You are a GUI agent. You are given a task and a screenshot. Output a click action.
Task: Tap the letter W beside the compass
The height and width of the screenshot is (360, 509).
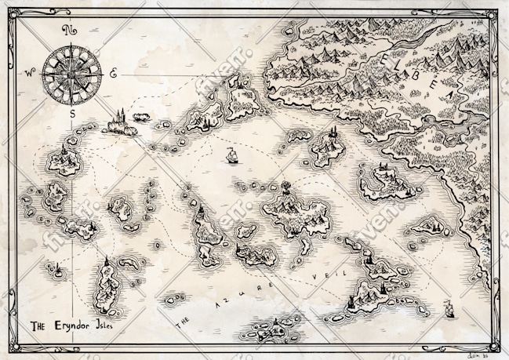pos(30,74)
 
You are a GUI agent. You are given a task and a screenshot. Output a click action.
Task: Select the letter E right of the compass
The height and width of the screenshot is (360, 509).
pos(113,74)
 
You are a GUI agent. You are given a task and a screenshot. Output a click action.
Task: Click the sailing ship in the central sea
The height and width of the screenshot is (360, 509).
pos(231,155)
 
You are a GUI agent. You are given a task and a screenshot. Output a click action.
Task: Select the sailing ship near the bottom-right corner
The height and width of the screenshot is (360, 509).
pos(450,310)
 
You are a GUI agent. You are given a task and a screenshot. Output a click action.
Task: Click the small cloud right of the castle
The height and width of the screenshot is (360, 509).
pos(143,117)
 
